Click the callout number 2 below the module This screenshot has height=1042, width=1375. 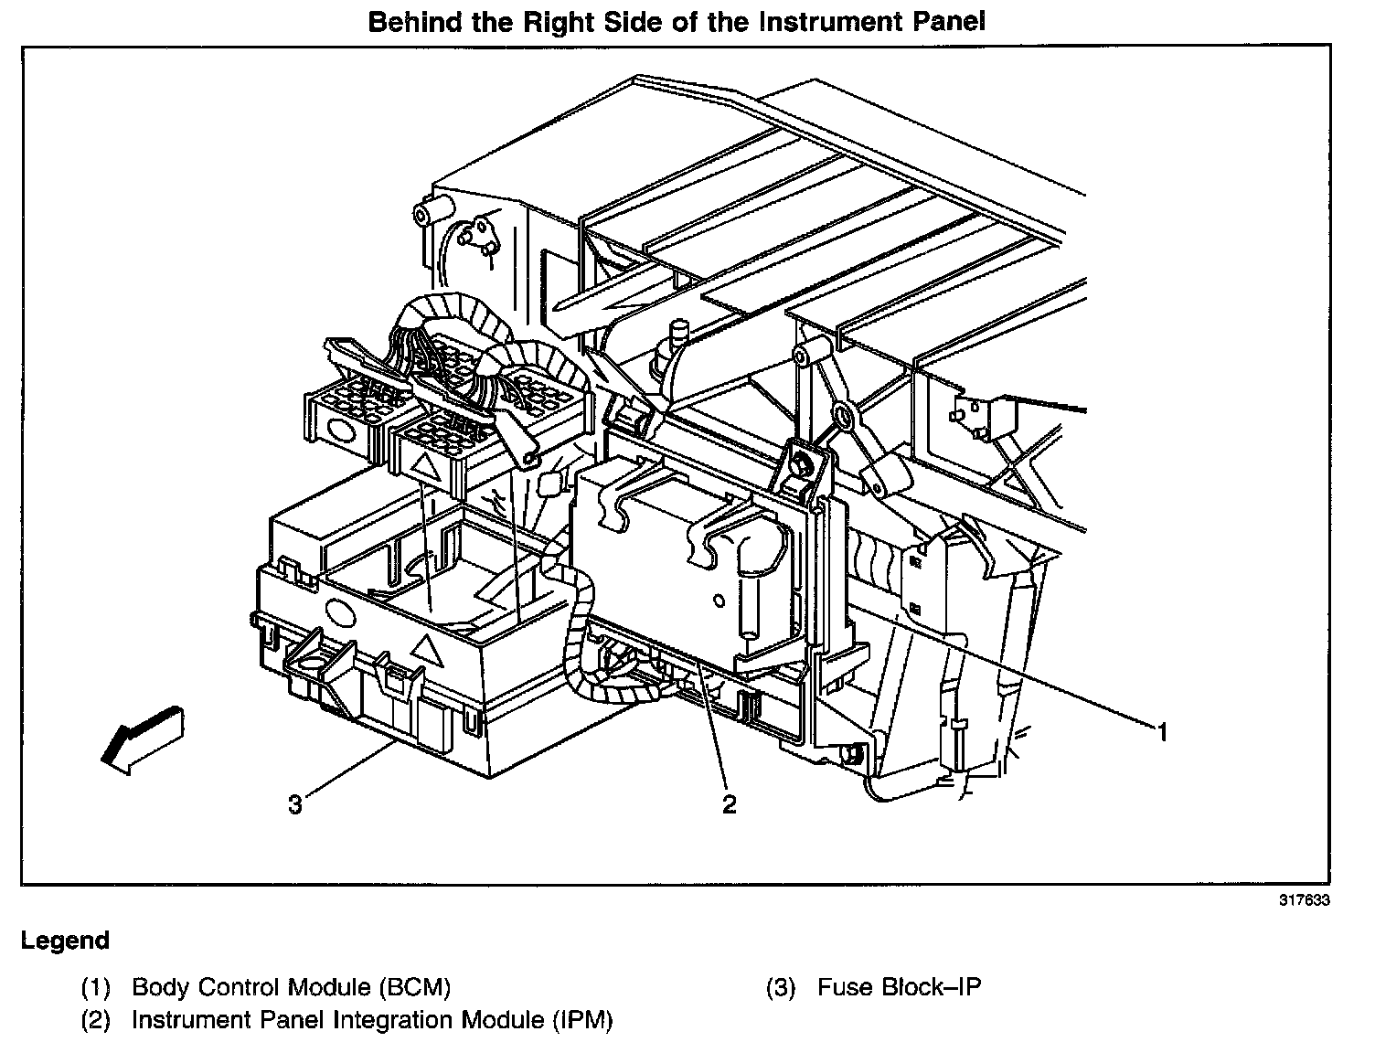[x=729, y=804]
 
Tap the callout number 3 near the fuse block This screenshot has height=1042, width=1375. [x=295, y=805]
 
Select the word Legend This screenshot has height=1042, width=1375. [x=65, y=941]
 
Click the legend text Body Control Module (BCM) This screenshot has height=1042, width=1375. [x=291, y=987]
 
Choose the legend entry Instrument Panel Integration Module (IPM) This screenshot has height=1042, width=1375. [x=372, y=1020]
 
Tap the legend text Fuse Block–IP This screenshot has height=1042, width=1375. [x=899, y=987]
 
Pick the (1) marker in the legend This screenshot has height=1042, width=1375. [x=96, y=987]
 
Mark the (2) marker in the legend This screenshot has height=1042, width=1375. [x=96, y=1020]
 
